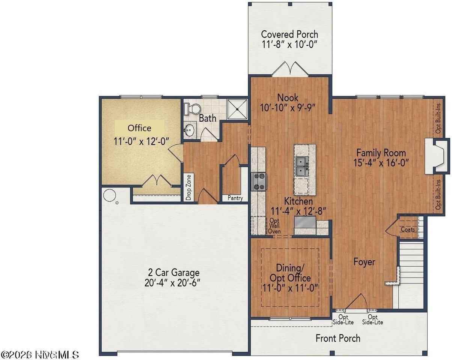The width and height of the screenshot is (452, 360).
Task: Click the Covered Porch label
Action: pyautogui.click(x=289, y=34)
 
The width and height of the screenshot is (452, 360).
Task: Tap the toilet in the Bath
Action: pyautogui.click(x=194, y=109)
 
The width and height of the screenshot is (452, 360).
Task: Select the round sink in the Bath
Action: pyautogui.click(x=189, y=131)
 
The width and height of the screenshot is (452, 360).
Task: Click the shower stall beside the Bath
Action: pyautogui.click(x=237, y=109)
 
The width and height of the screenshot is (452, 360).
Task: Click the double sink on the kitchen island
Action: pyautogui.click(x=302, y=166)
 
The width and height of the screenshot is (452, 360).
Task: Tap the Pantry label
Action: pyautogui.click(x=235, y=198)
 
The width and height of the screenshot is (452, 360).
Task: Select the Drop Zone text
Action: pyautogui.click(x=189, y=187)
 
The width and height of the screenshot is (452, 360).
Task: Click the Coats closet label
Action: pyautogui.click(x=408, y=229)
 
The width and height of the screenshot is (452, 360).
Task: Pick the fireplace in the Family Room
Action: pyautogui.click(x=436, y=156)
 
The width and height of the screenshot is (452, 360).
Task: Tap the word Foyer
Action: pyautogui.click(x=364, y=262)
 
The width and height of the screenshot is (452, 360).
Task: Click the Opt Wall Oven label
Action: pyautogui.click(x=274, y=226)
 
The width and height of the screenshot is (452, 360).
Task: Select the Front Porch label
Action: pyautogui.click(x=338, y=338)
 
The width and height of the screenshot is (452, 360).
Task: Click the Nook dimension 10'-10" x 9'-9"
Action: pyautogui.click(x=288, y=108)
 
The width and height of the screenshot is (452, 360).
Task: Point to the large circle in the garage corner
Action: pyautogui.click(x=110, y=195)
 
